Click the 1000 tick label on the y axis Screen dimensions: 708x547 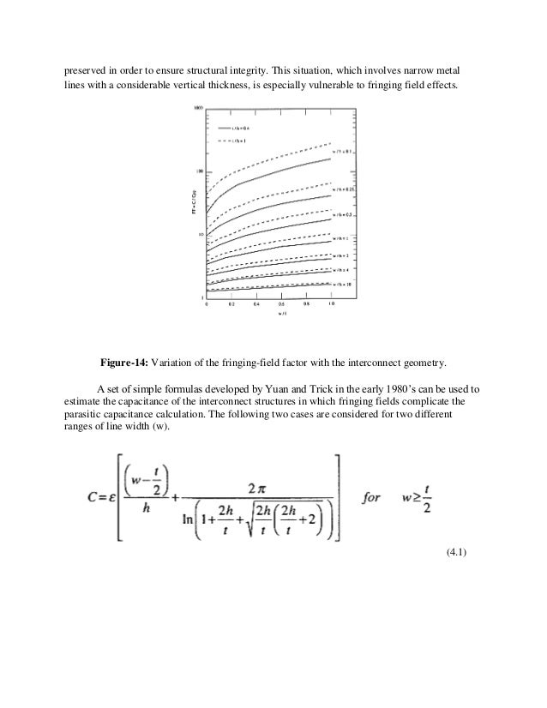tap(197, 108)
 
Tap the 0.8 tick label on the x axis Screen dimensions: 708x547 tap(306, 304)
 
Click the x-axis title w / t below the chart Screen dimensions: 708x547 tap(280, 315)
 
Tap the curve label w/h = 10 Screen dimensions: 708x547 tap(343, 283)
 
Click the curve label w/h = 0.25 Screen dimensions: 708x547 tap(344, 189)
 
